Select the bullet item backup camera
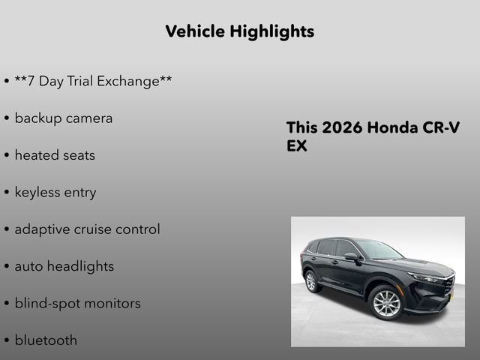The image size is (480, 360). tap(64, 118)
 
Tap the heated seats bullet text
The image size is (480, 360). tap(55, 155)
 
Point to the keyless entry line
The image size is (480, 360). tap(55, 193)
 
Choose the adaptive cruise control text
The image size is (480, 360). tap(87, 229)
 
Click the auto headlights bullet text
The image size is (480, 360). tap(64, 266)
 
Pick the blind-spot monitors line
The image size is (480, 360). tap(78, 304)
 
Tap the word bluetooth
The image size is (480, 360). tap(46, 340)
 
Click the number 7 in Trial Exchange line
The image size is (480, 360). tap(31, 81)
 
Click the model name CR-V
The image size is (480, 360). tap(443, 127)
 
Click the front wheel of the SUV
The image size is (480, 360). tap(386, 304)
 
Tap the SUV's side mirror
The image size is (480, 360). tap(351, 257)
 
